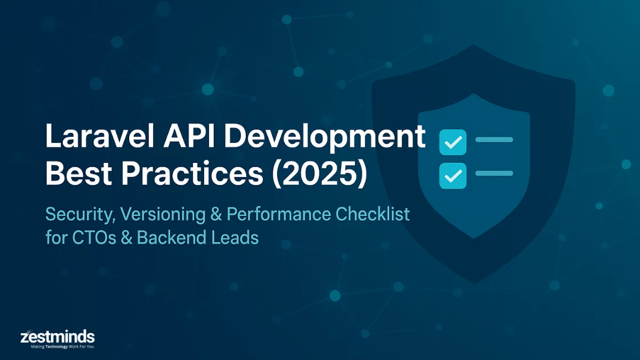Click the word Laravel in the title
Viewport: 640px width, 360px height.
click(100, 136)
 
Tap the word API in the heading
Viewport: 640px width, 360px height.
click(189, 136)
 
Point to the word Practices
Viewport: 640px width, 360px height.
click(192, 174)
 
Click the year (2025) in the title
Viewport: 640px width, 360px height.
click(319, 174)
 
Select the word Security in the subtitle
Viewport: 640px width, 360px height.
click(81, 215)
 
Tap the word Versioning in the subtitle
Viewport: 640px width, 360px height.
click(163, 215)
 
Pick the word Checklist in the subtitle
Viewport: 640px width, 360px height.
click(373, 214)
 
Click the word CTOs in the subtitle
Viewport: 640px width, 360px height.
click(94, 238)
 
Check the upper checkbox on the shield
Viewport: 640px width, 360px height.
click(453, 142)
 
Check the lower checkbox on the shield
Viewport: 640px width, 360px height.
click(453, 175)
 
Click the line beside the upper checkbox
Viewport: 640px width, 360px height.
click(494, 139)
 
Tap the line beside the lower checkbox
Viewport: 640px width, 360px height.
click(494, 173)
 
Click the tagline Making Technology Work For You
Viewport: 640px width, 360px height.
click(62, 347)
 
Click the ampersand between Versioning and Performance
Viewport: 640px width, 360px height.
click(217, 215)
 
